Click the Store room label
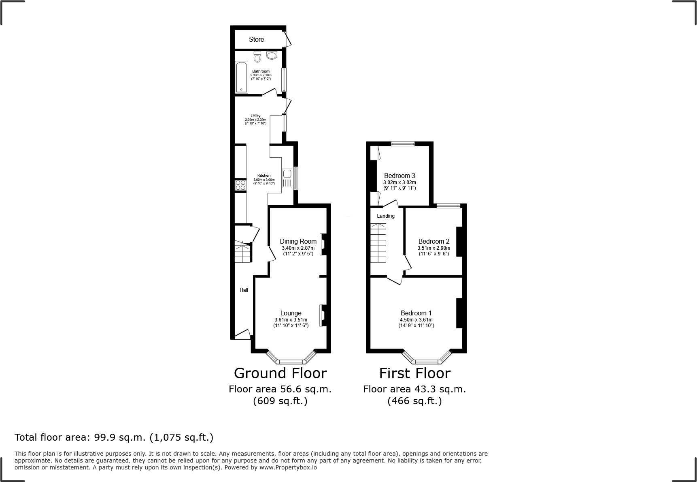pos(256,39)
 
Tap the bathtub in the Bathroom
pos(241,77)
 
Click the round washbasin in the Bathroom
pos(272,55)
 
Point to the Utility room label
pos(255,116)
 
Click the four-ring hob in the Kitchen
pos(240,185)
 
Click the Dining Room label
pos(298,241)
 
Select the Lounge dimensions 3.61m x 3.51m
pos(291,320)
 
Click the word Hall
pos(244,290)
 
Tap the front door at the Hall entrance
pos(242,334)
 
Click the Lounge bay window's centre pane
pos(291,361)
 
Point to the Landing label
pos(385,216)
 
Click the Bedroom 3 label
pos(399,176)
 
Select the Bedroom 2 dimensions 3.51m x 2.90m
pos(433,248)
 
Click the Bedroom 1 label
pos(416,313)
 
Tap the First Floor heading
pos(414,373)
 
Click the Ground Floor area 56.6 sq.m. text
pos(280,389)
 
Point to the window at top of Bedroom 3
pos(403,143)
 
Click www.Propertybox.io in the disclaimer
pos(288,467)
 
